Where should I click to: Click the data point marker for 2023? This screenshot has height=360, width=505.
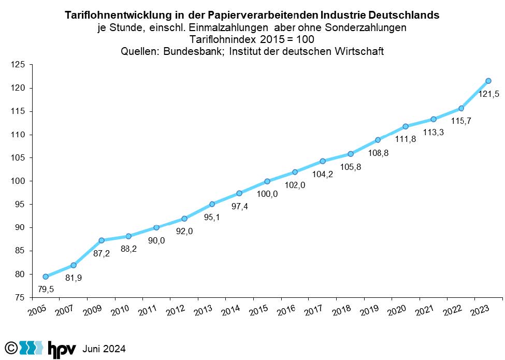[488, 81]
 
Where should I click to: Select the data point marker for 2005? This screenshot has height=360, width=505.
[46, 277]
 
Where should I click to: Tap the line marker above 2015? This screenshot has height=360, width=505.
[267, 181]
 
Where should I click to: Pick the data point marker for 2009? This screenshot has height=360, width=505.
[101, 240]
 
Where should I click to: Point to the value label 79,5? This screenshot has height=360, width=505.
[45, 289]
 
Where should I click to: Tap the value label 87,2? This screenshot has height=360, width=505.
[102, 253]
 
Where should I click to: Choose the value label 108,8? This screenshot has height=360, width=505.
[378, 153]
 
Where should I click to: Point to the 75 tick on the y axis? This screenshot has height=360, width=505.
[20, 297]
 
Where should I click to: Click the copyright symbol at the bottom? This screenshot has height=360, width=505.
[10, 347]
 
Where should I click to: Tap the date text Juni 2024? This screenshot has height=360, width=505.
[104, 348]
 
